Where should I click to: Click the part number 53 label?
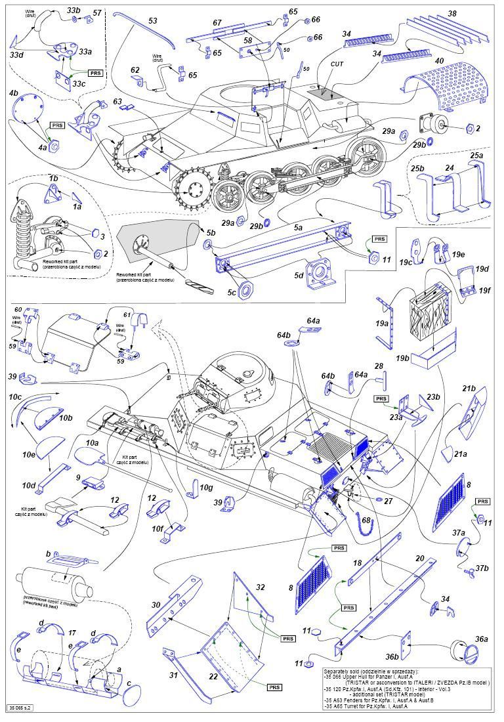tap(152, 22)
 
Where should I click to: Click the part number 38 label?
tap(452, 13)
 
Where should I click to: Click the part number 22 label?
tap(234, 677)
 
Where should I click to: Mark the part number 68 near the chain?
tap(366, 520)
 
